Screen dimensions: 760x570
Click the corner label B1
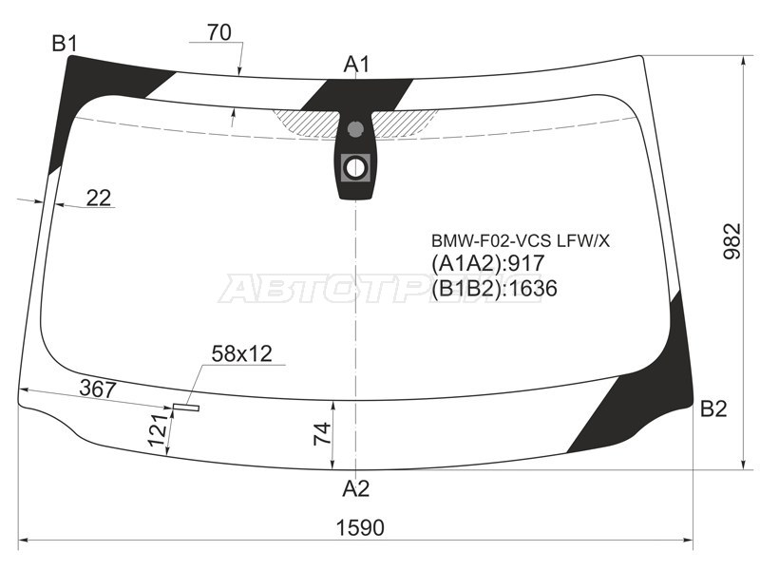point(65,44)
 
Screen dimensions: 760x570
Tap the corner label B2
point(713,409)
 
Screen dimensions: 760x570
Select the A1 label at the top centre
point(357,64)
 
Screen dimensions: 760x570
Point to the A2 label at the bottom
point(356,488)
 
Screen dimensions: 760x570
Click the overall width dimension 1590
point(360,527)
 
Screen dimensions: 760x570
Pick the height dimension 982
point(732,241)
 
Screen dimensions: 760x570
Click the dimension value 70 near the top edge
point(219,32)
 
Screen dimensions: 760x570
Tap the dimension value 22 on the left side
point(99,198)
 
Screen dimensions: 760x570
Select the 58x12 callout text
point(242,353)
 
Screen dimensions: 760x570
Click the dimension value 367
point(98,389)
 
